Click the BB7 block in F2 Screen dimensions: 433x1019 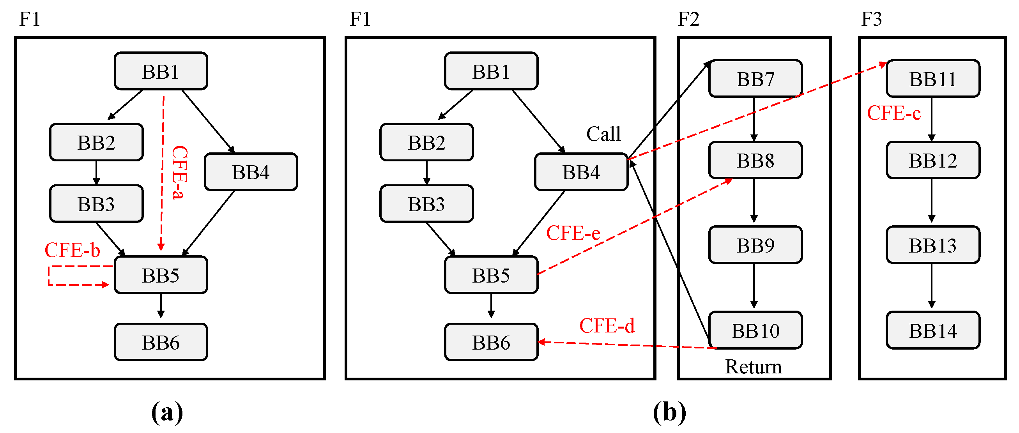coord(755,79)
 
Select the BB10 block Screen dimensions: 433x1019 coord(755,330)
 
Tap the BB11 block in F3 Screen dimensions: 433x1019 coord(933,79)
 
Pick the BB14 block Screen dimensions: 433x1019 coord(933,330)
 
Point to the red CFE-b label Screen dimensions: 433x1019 coord(73,250)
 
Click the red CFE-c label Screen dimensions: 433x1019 coord(893,113)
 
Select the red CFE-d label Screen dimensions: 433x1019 coord(607,326)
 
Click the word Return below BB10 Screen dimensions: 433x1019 coord(753,367)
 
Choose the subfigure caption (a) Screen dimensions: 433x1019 coord(167,412)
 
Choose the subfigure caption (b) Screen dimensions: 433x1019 coord(669,412)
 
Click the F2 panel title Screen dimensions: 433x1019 coord(688,19)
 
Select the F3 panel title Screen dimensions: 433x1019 coord(871,19)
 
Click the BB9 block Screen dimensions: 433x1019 coord(755,245)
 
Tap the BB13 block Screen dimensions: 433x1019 coord(933,245)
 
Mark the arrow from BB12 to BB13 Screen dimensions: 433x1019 coord(932,201)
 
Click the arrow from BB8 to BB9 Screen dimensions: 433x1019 coord(754,201)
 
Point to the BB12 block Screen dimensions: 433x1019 coord(933,160)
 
